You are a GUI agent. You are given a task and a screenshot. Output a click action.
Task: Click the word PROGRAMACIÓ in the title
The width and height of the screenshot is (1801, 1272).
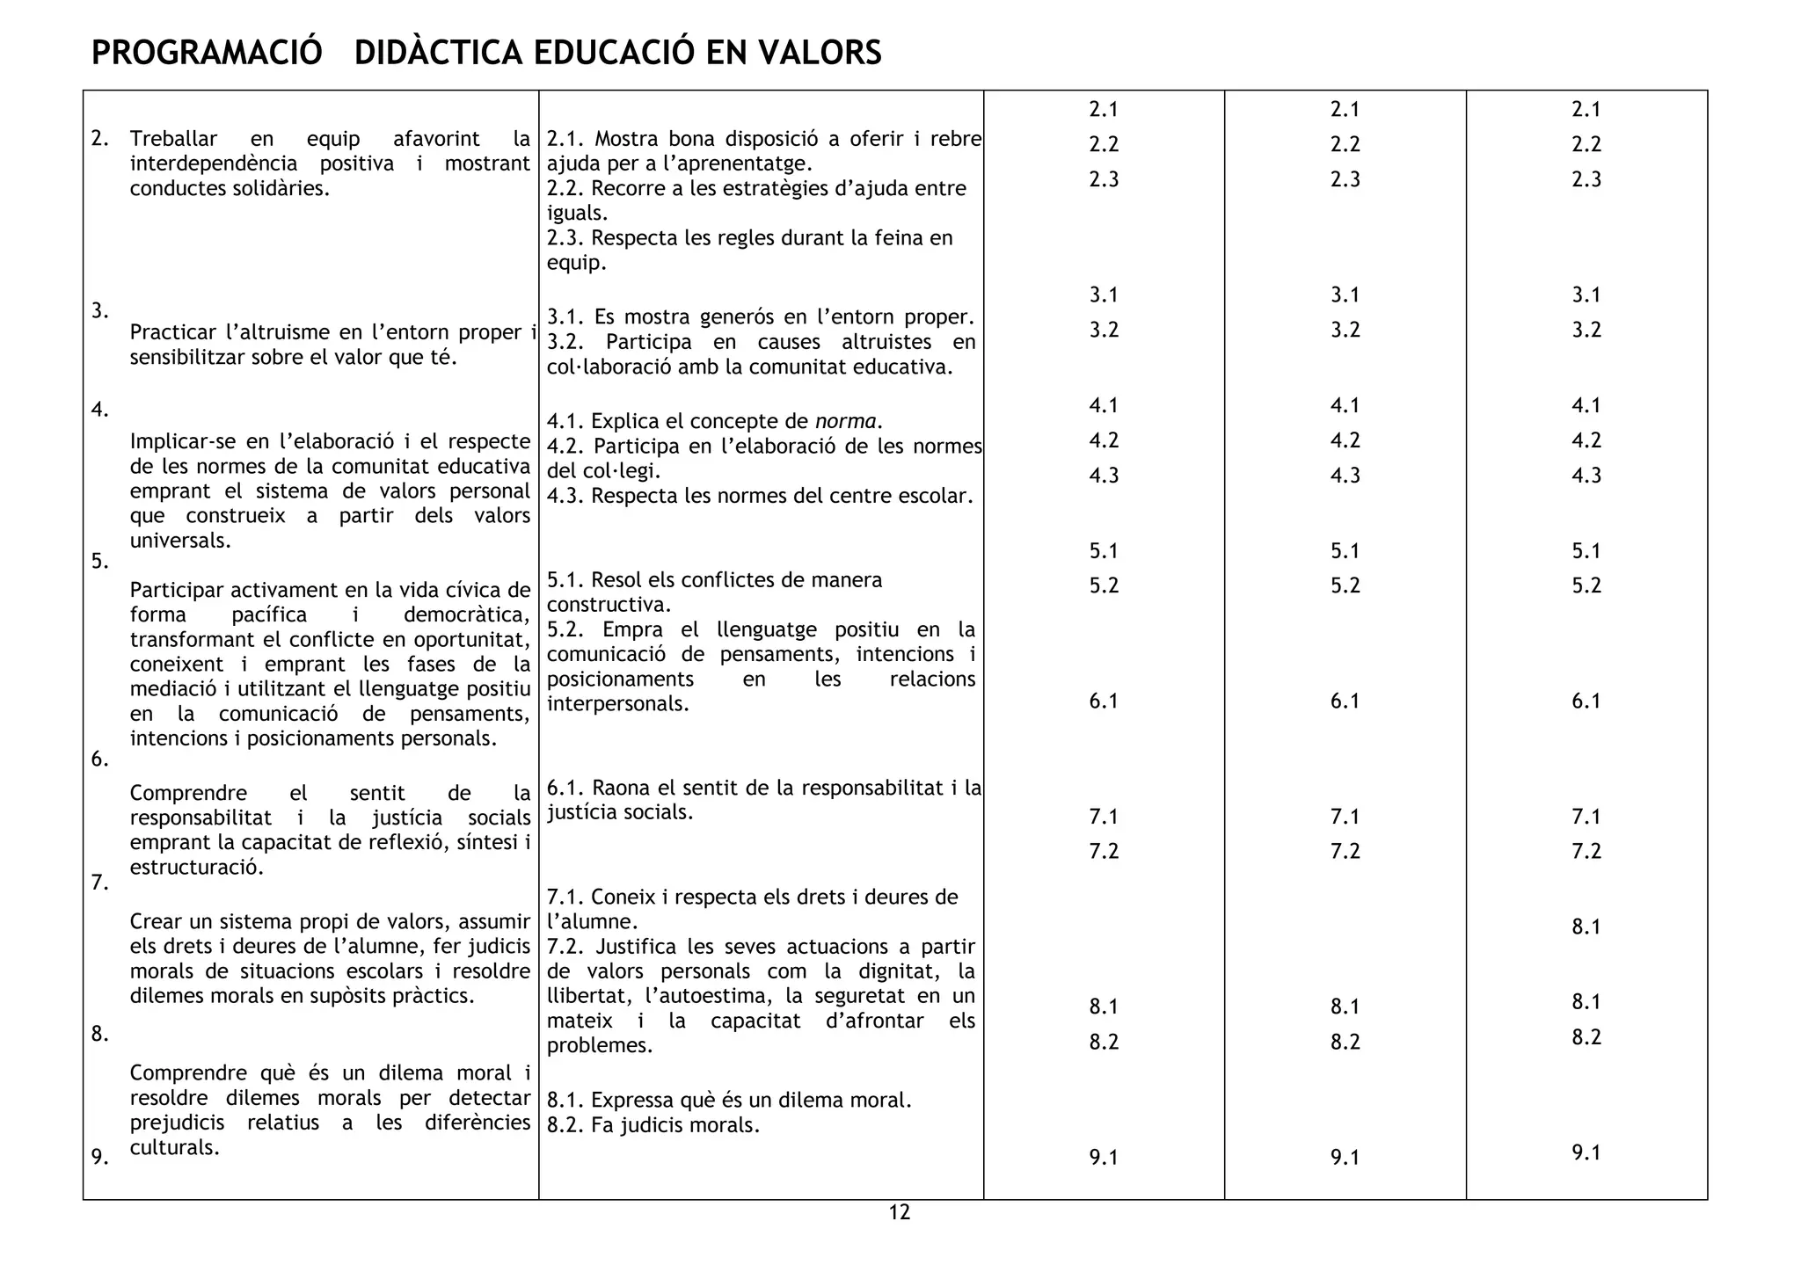point(207,53)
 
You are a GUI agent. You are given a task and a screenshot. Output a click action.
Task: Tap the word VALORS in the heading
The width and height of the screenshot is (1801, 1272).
point(820,53)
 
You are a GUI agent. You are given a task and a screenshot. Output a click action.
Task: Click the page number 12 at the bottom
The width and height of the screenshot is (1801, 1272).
point(899,1213)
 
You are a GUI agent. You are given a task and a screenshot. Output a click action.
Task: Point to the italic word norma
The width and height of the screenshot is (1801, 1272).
point(845,421)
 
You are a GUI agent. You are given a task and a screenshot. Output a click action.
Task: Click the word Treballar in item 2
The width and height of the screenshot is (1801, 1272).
point(172,139)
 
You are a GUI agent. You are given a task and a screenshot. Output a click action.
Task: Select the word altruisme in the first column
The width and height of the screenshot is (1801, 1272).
point(281,332)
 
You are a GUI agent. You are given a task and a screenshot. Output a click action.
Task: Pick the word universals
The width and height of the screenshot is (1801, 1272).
point(179,541)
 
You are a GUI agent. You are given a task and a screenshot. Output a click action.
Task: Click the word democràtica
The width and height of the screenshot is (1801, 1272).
point(466,614)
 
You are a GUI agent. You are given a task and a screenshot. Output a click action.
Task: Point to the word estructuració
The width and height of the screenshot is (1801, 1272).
point(196,868)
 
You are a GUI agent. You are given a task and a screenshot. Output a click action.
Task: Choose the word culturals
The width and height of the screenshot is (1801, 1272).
point(174,1147)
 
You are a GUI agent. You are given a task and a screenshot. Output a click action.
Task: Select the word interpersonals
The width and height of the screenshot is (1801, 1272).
point(617,704)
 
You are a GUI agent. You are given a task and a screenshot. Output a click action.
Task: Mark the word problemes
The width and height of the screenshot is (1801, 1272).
point(599,1046)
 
